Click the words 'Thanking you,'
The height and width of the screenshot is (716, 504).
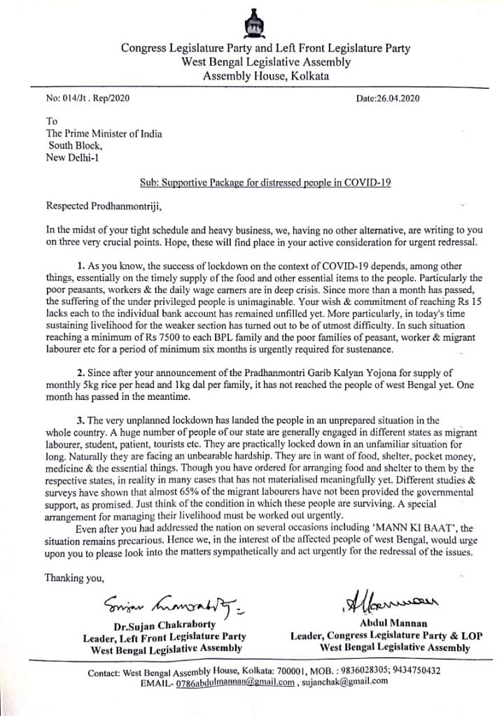click(74, 578)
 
